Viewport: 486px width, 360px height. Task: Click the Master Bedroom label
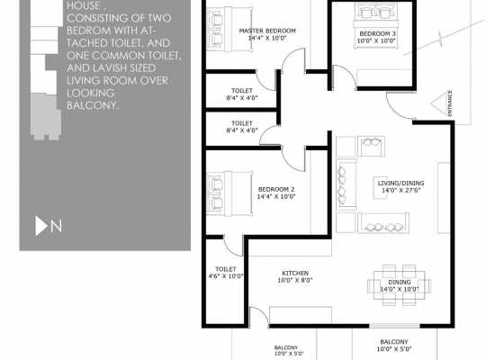point(266,31)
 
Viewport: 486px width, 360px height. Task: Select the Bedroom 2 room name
point(275,189)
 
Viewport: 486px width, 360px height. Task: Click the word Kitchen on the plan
point(296,272)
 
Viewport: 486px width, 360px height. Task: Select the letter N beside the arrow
point(56,226)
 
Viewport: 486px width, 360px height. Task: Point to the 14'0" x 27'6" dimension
point(400,191)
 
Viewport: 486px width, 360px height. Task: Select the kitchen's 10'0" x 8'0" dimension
point(296,280)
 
